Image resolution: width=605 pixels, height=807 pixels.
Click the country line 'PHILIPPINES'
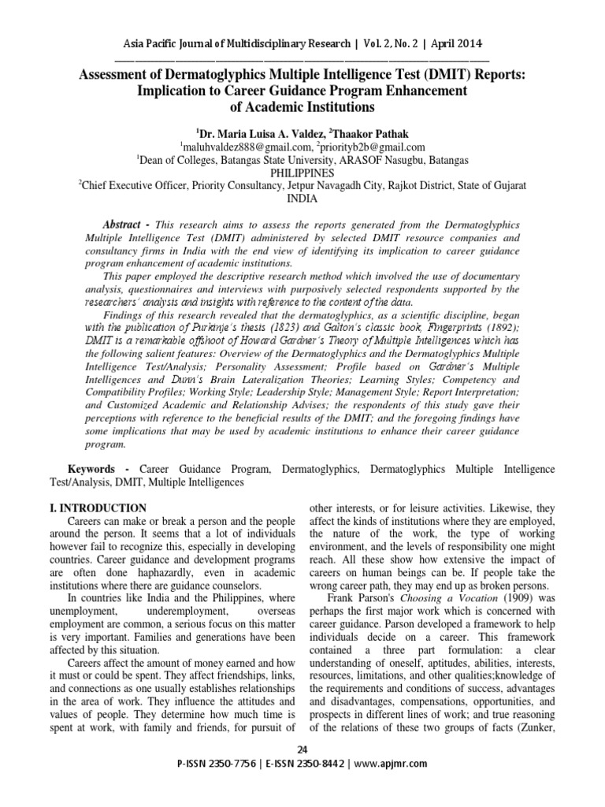302,172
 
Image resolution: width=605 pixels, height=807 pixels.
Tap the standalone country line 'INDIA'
302,199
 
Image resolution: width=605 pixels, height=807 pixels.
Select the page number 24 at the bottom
302,747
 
